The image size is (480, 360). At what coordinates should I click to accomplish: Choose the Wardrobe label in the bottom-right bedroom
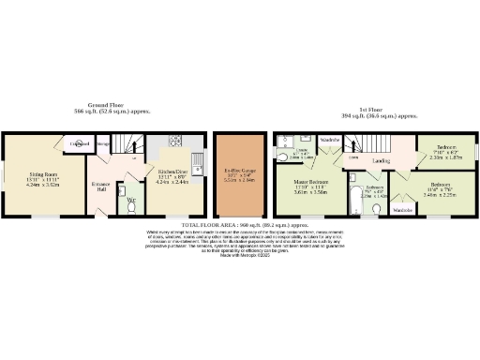point(403,211)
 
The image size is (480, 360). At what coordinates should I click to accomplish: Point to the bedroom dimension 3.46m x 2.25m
point(439,195)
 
